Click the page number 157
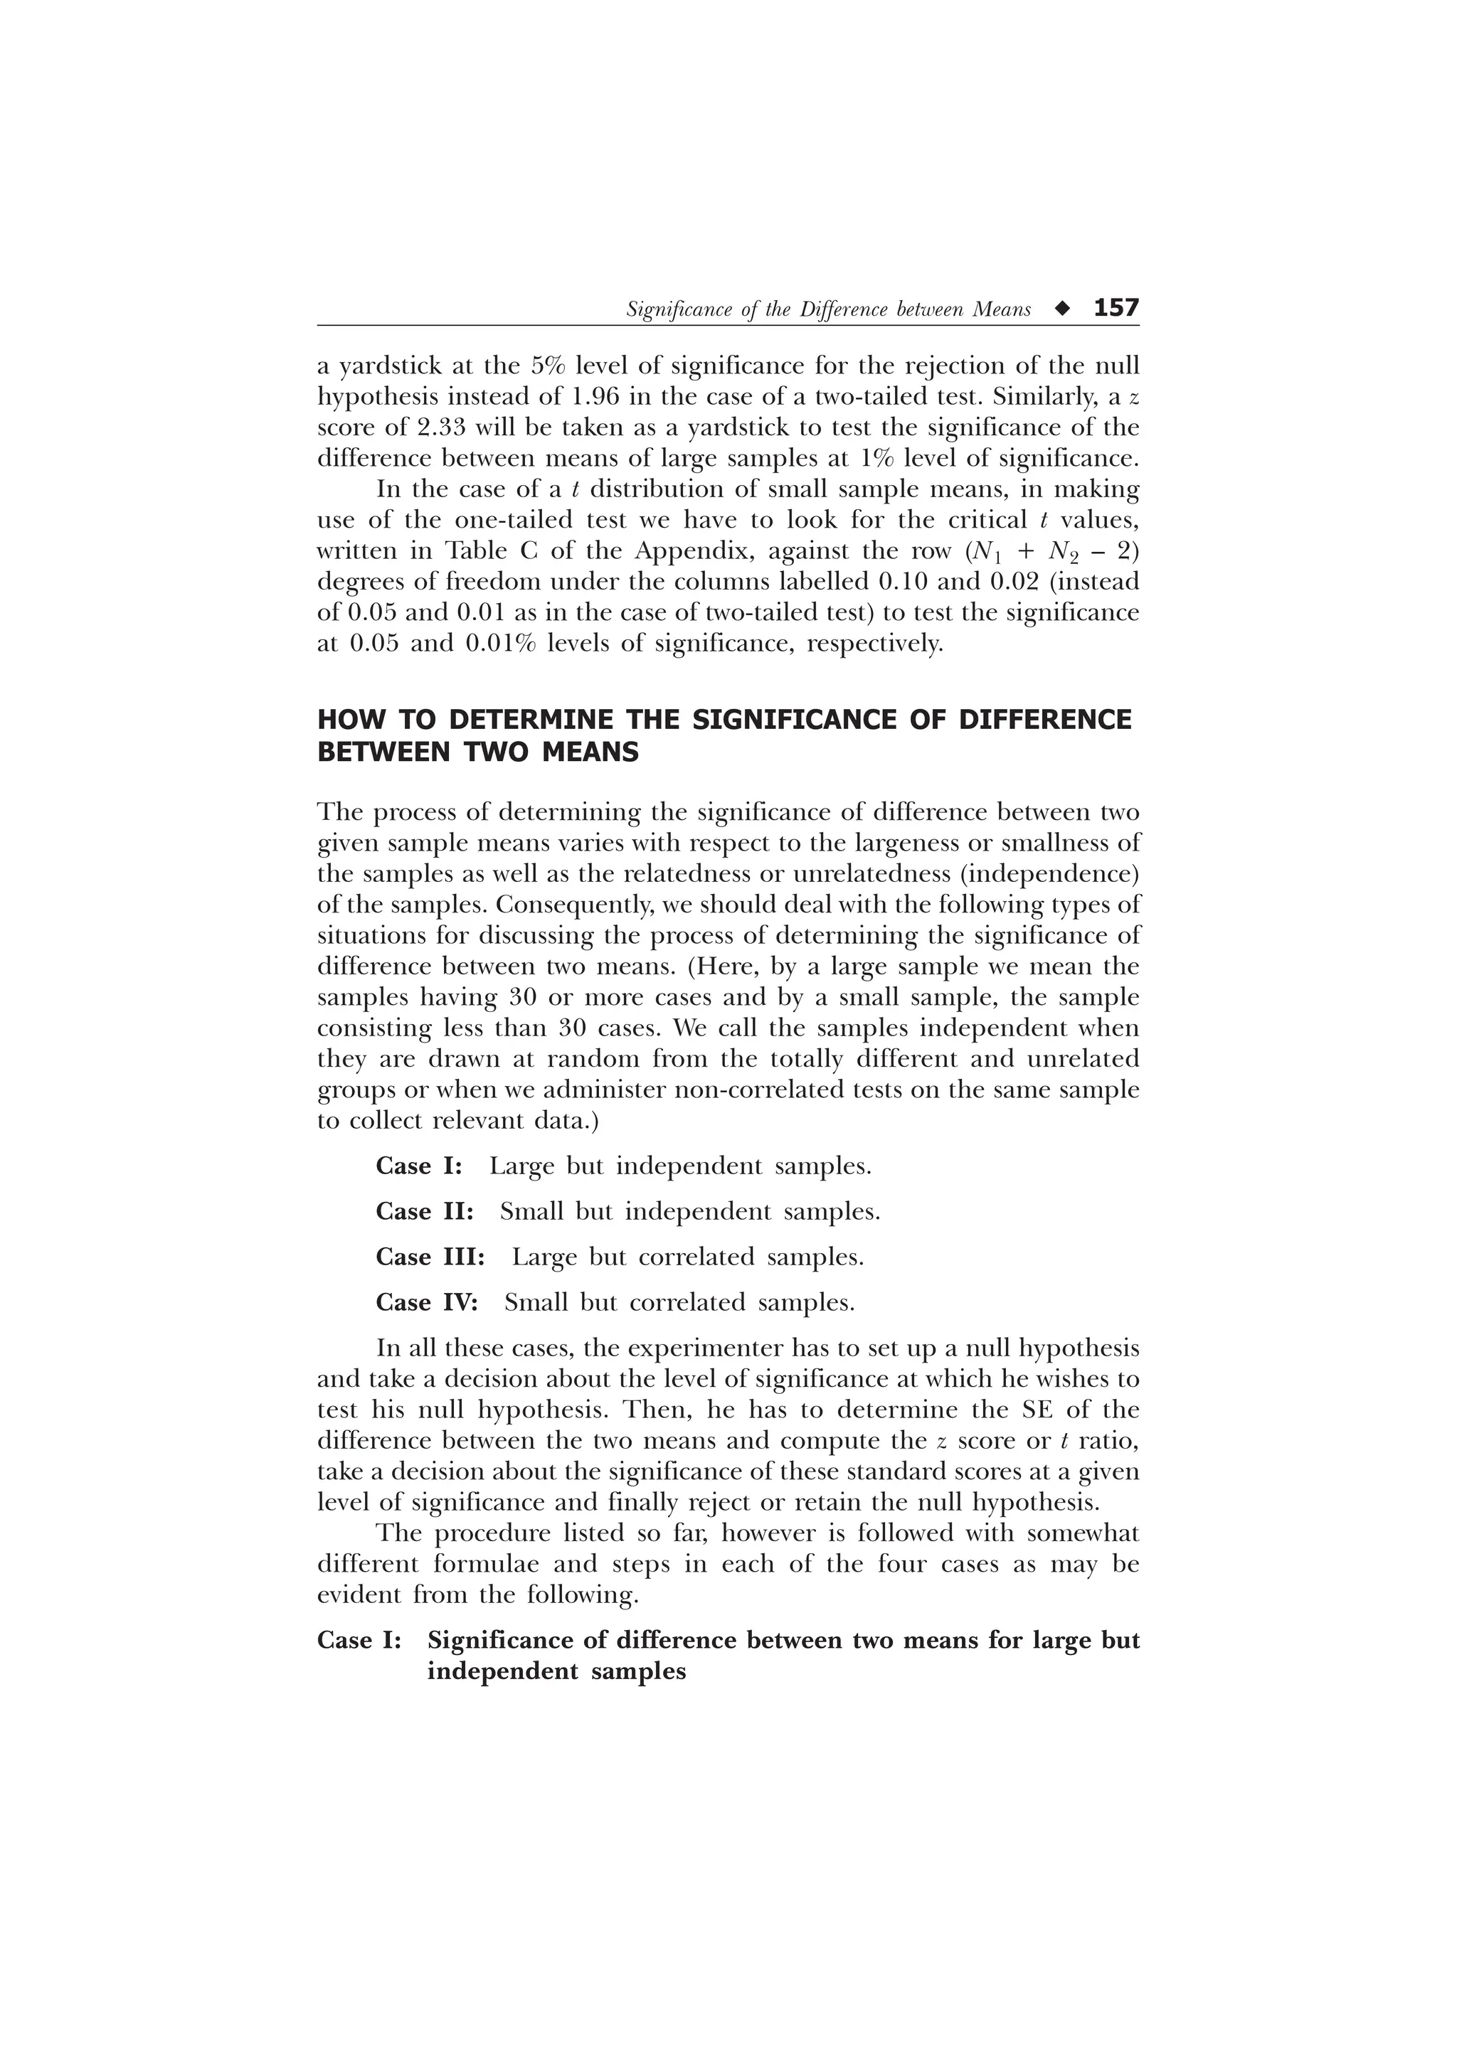pyautogui.click(x=1116, y=308)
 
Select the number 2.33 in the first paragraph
pyautogui.click(x=426, y=427)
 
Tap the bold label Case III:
pyautogui.click(x=430, y=1257)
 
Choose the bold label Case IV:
pyautogui.click(x=426, y=1302)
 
